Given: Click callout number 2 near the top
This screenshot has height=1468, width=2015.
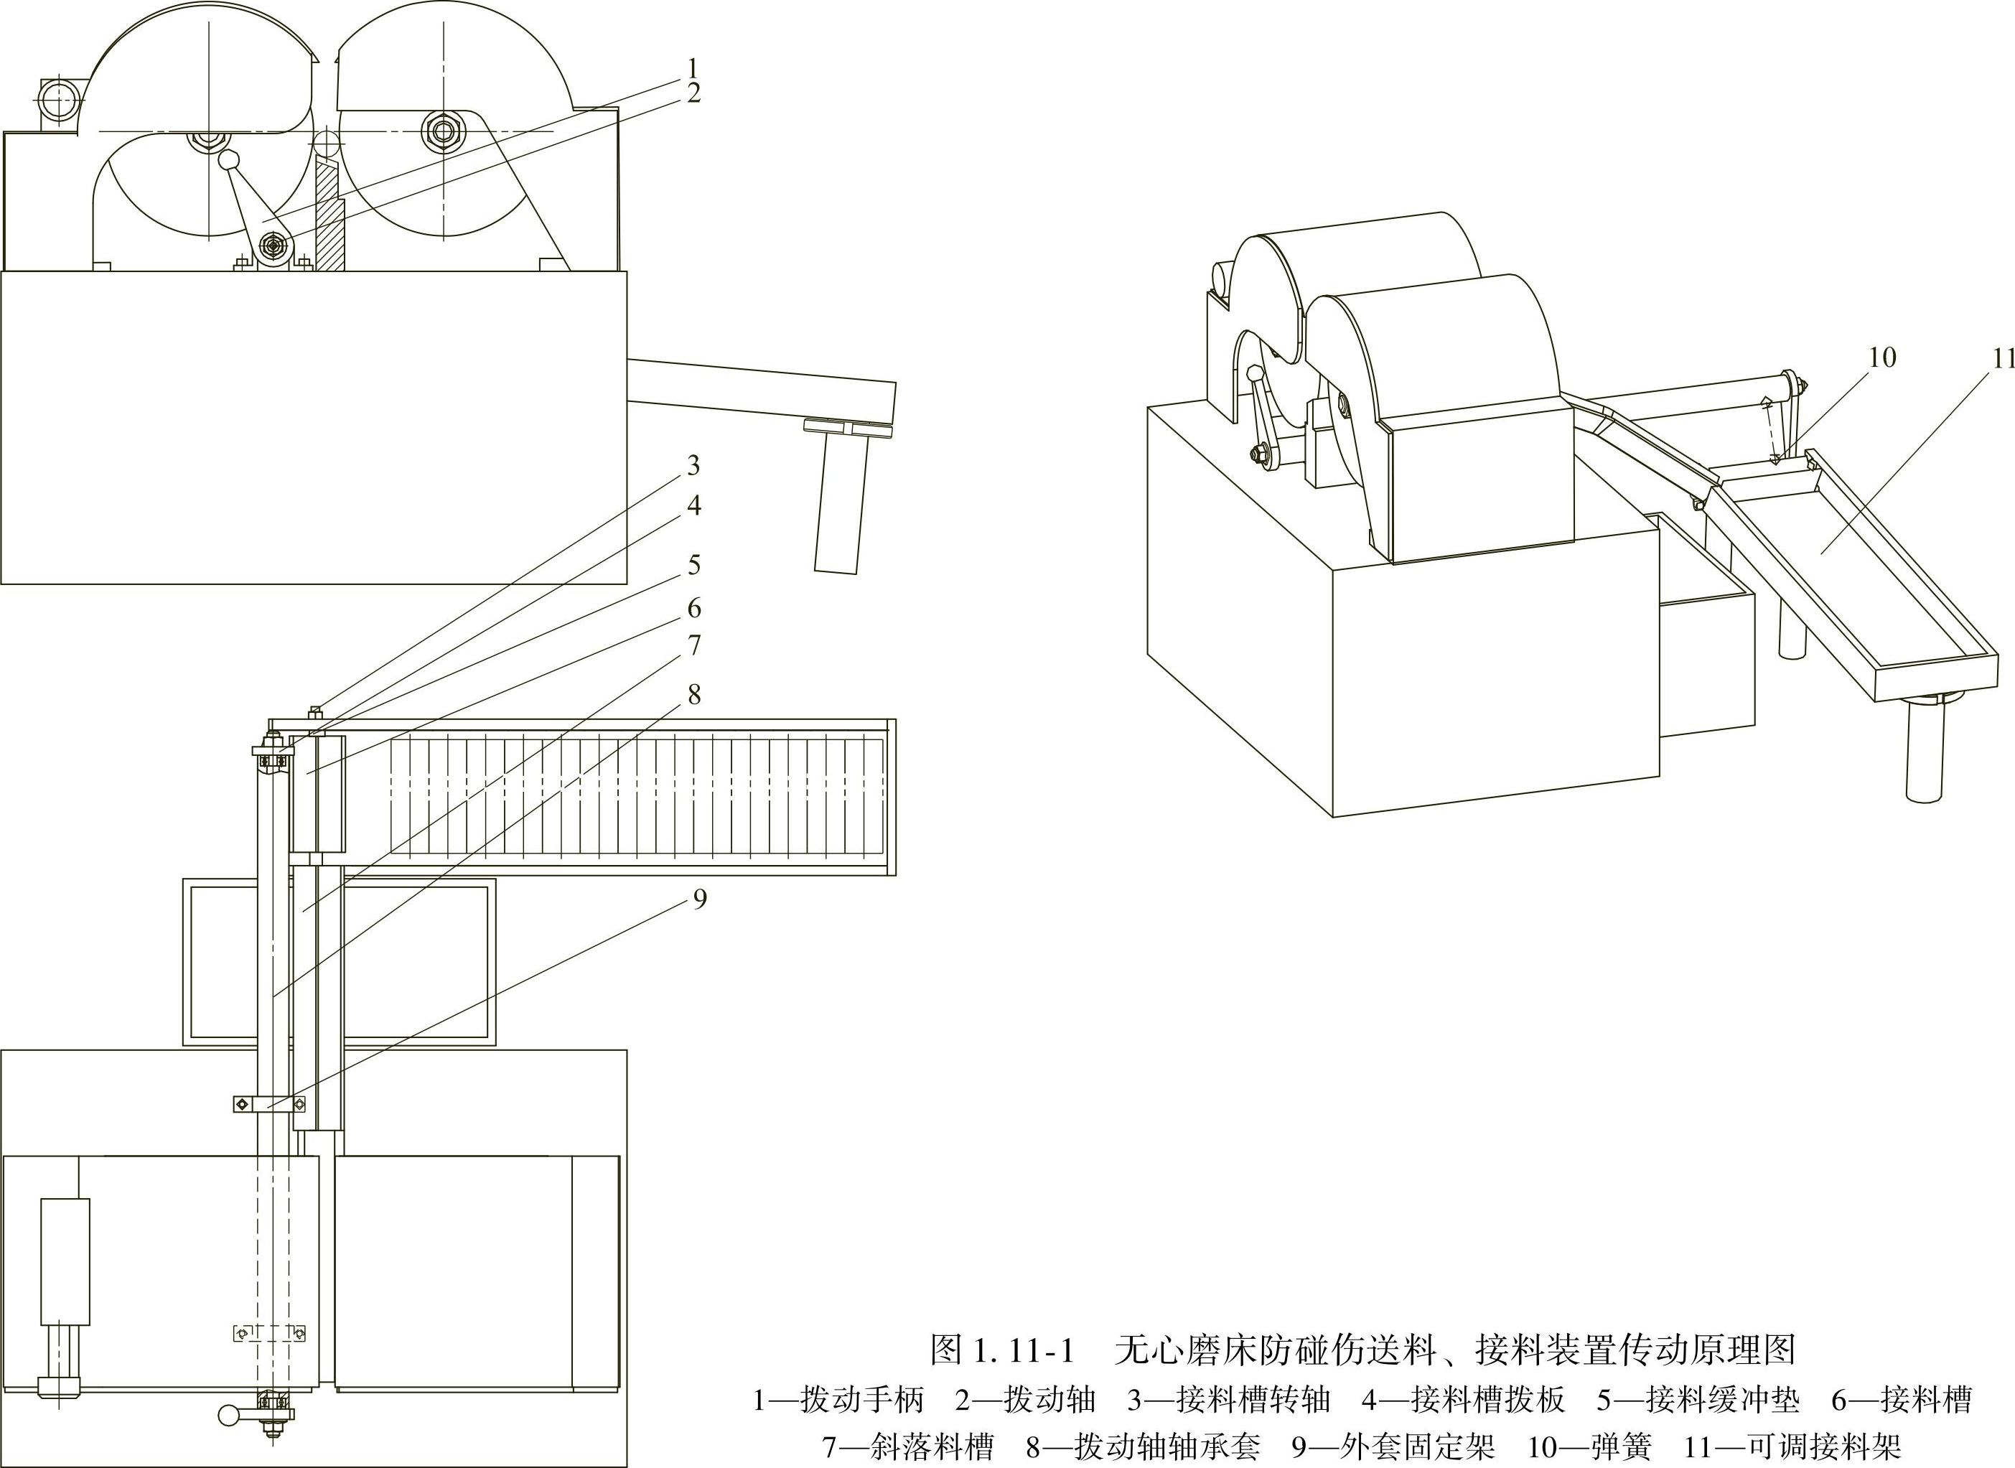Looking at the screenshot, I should tap(694, 93).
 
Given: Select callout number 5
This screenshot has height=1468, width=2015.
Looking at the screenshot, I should tap(694, 564).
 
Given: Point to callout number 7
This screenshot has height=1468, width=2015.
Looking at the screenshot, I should tap(694, 646).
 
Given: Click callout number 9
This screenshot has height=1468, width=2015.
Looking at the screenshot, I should tap(699, 899).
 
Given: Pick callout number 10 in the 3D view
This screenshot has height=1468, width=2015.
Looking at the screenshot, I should tap(1881, 357).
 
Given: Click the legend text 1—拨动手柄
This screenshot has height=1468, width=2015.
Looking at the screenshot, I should tap(838, 1400).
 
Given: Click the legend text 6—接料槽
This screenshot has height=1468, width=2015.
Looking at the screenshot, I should tap(1902, 1400).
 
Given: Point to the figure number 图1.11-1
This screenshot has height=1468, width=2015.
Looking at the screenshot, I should tap(1002, 1350).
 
